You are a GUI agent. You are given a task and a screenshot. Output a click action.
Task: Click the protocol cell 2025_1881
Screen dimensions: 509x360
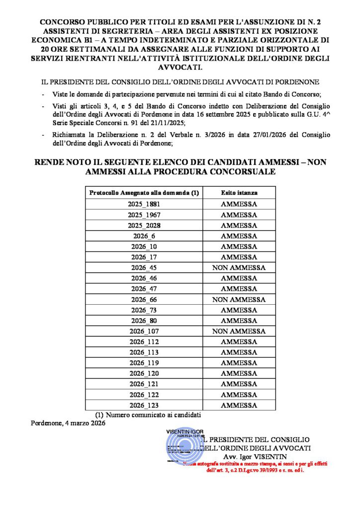pyautogui.click(x=144, y=204)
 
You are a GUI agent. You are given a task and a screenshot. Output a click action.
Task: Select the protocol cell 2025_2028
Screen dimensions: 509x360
pyautogui.click(x=144, y=225)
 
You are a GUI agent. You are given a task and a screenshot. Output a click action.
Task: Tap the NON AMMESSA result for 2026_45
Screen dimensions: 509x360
pyautogui.click(x=239, y=267)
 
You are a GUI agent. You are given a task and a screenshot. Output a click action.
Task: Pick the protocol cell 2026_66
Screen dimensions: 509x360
pyautogui.click(x=144, y=299)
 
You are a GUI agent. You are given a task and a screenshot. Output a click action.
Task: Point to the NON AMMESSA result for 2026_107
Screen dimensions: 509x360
pyautogui.click(x=239, y=331)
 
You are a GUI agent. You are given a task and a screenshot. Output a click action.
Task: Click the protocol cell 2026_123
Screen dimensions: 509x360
pyautogui.click(x=144, y=405)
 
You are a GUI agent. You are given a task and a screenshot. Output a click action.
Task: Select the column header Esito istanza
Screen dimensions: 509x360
pyautogui.click(x=239, y=192)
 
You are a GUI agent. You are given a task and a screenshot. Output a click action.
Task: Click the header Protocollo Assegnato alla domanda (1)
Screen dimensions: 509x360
pyautogui.click(x=144, y=192)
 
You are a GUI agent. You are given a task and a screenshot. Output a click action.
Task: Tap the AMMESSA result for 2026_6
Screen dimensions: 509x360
pyautogui.click(x=239, y=236)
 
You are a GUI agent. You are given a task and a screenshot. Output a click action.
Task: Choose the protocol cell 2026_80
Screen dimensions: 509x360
pyautogui.click(x=144, y=321)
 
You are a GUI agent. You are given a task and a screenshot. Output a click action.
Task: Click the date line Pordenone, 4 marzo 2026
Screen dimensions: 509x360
pyautogui.click(x=68, y=423)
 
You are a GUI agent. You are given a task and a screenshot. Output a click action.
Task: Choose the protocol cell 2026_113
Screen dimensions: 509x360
pyautogui.click(x=144, y=352)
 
